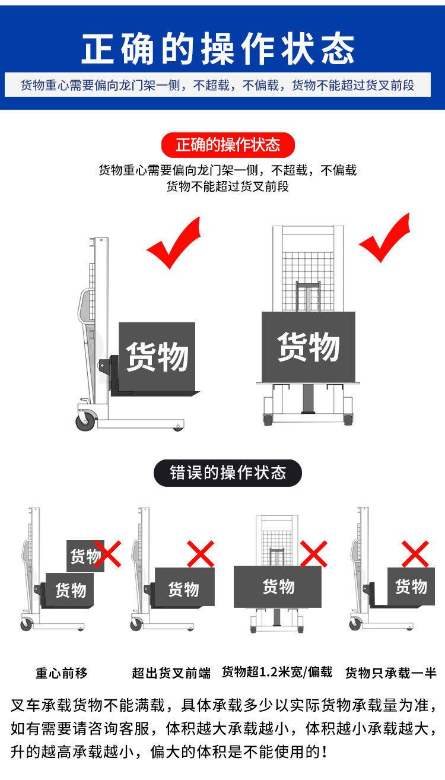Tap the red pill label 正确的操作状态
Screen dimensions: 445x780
tap(228, 144)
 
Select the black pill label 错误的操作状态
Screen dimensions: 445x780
tap(228, 473)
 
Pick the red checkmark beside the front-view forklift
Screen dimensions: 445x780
tap(385, 239)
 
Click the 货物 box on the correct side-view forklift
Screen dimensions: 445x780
tap(157, 357)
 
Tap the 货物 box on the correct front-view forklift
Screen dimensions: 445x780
tap(309, 347)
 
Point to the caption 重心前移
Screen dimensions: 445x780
tap(61, 673)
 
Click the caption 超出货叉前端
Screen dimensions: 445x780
tap(171, 673)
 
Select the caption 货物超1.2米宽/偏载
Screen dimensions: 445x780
tap(277, 672)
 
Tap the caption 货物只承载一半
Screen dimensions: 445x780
tap(390, 673)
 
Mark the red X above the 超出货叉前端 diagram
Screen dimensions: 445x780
tap(201, 554)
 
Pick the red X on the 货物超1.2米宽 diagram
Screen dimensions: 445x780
tap(313, 554)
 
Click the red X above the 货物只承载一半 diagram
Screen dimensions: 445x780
tap(415, 554)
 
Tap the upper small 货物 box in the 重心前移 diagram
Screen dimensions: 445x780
tap(83, 556)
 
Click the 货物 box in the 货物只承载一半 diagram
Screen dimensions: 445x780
tap(411, 586)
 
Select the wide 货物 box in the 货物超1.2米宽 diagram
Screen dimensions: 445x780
tap(278, 586)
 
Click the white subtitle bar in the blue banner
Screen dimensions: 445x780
tap(218, 85)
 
